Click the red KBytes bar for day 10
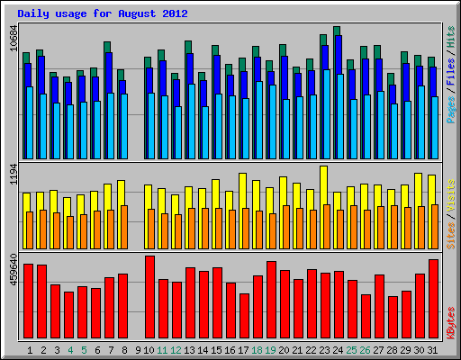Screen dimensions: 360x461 pos(149,296)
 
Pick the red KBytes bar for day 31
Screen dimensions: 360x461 pos(433,298)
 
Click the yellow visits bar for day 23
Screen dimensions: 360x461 pos(323,187)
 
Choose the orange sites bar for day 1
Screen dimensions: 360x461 pos(30,229)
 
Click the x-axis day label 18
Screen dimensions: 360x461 pos(258,349)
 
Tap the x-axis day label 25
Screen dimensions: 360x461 pos(352,349)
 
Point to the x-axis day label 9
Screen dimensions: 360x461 pos(137,349)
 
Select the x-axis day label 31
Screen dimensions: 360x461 pos(433,349)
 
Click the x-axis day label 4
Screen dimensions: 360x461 pos(69,349)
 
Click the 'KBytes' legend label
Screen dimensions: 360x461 pos(450,321)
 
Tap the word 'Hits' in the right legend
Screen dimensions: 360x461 pos(450,38)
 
